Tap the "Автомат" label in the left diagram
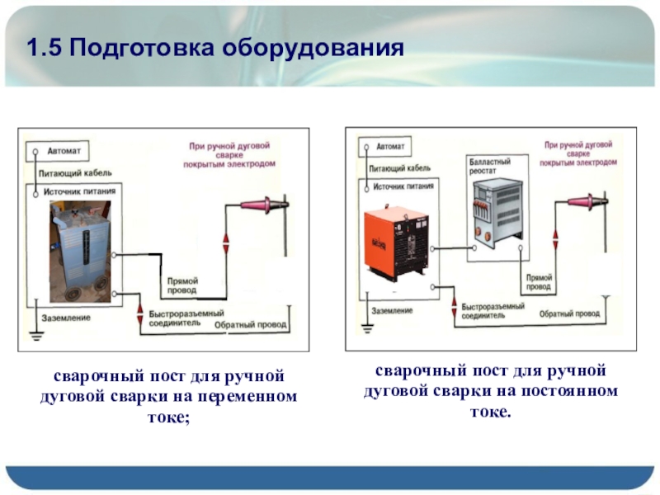[64, 152]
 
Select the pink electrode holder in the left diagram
[263, 204]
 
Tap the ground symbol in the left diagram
[35, 336]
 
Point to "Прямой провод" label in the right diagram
[538, 283]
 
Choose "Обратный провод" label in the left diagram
[250, 325]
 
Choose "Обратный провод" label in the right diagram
[569, 314]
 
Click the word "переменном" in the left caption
[257, 397]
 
